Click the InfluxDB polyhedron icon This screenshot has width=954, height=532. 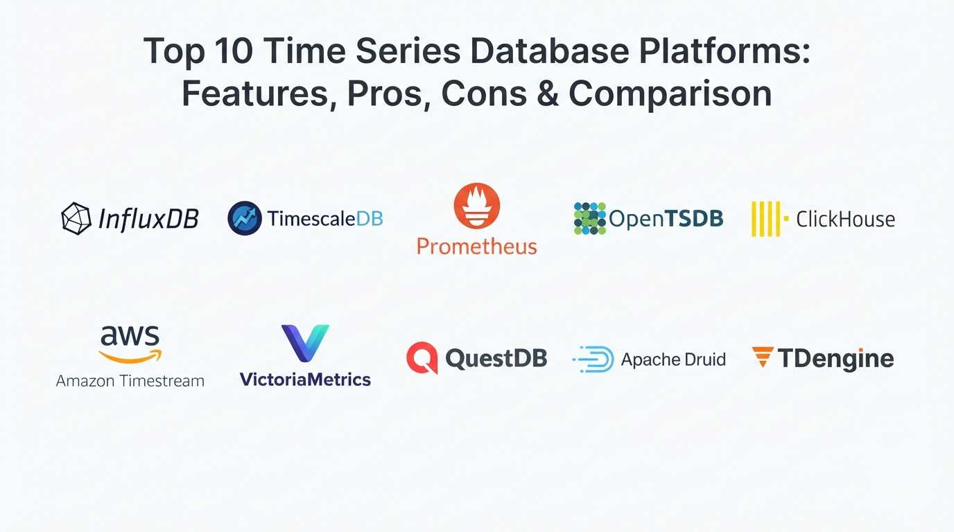[x=76, y=218]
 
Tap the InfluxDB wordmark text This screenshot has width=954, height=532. [x=148, y=219]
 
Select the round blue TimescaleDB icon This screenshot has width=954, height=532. [x=245, y=218]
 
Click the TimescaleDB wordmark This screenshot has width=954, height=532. [x=325, y=219]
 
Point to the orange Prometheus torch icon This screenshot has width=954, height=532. [x=477, y=206]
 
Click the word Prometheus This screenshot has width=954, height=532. [x=477, y=246]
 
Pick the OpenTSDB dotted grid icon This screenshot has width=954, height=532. [x=590, y=218]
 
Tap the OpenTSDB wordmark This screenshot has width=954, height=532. [x=666, y=219]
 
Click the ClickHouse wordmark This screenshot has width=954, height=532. [x=845, y=219]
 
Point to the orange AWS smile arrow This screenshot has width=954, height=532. [x=130, y=357]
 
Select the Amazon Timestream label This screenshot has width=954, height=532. [x=130, y=380]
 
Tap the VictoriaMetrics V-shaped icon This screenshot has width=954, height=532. [x=305, y=343]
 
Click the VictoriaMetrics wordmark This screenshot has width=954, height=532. [x=305, y=379]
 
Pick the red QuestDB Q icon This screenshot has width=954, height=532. [x=422, y=358]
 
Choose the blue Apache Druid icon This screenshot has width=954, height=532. [x=593, y=360]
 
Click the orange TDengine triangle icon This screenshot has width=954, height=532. [x=763, y=357]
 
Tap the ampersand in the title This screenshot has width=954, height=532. [x=547, y=94]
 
